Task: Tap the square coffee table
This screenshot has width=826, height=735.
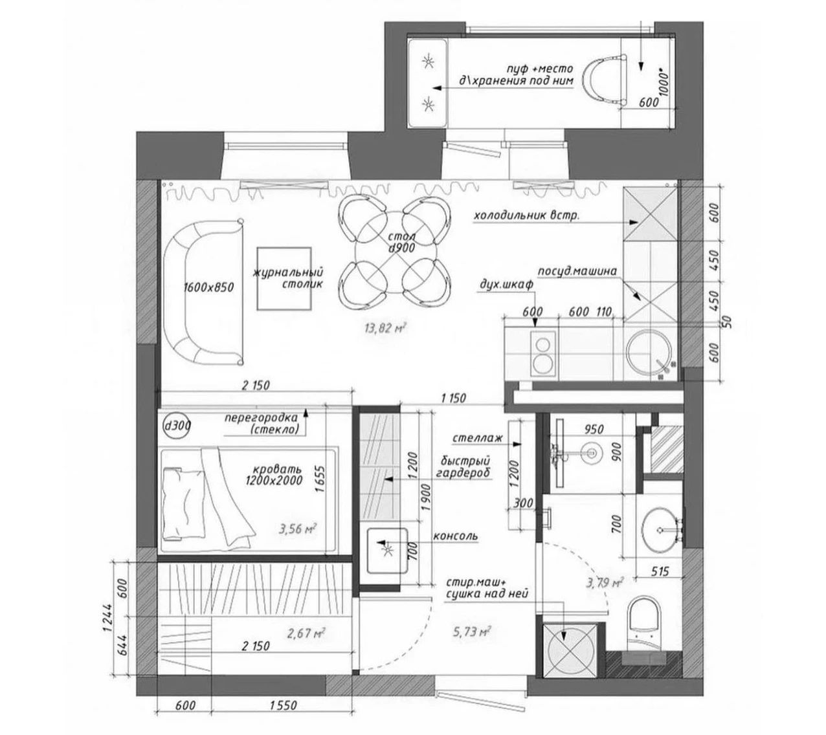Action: point(284,278)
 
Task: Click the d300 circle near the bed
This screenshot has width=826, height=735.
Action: point(177,426)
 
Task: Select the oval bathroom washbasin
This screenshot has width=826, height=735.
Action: point(660,530)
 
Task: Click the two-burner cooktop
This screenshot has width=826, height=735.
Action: point(542,353)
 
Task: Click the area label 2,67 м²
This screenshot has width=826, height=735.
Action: point(306,633)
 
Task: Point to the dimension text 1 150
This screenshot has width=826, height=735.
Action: point(453,398)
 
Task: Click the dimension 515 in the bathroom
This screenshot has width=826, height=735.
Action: point(660,571)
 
